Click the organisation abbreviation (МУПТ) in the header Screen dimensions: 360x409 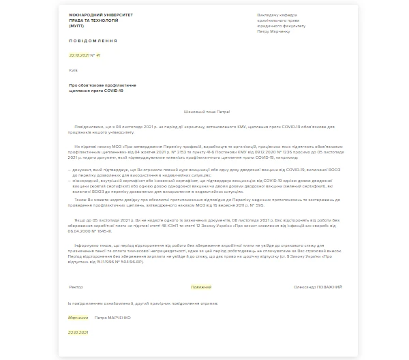click(x=76, y=26)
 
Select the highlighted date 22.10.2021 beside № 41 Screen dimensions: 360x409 click(x=78, y=55)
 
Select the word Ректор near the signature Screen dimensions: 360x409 click(x=76, y=287)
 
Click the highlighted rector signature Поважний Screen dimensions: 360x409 click(x=201, y=287)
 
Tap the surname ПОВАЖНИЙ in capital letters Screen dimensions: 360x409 click(x=328, y=287)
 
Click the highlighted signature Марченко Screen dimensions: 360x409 click(x=78, y=318)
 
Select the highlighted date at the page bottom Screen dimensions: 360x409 click(x=78, y=333)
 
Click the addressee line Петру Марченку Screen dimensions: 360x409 click(x=272, y=31)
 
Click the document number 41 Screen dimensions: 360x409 click(x=98, y=55)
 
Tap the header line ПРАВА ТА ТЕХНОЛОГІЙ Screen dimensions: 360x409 click(x=93, y=20)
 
